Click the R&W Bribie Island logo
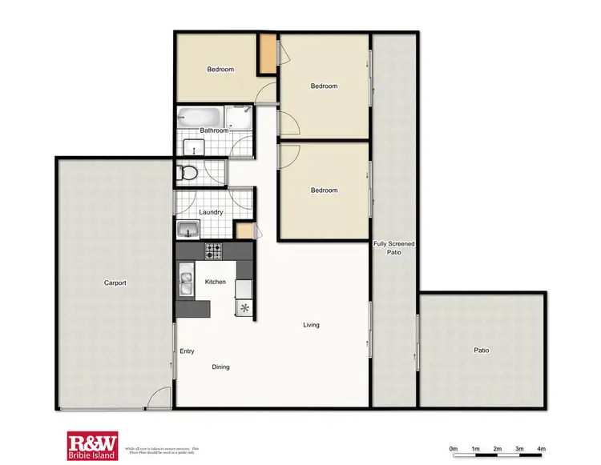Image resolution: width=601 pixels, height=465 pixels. point(92,445)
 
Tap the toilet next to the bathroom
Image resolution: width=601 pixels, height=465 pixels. point(188,171)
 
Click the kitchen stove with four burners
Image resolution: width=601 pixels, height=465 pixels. point(213,251)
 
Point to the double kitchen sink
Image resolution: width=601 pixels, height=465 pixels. point(186,282)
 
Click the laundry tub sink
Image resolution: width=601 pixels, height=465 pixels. point(189,229)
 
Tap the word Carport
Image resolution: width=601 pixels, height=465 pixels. point(115,283)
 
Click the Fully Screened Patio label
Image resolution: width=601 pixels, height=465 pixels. point(393,247)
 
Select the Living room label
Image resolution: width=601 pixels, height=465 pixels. point(311,325)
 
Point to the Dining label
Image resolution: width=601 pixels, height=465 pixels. point(220,367)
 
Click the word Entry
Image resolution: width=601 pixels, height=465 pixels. point(187,351)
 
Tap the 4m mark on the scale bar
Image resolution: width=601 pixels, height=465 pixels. point(541,448)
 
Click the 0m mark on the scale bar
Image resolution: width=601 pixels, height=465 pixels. point(453,448)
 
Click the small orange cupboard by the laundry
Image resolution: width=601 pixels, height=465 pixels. point(243,230)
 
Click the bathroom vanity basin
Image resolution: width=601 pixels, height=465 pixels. point(192,147)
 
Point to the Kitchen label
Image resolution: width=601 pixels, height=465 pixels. point(215,282)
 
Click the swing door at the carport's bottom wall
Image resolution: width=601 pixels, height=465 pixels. point(160,399)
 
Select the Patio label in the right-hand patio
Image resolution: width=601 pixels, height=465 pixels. point(481,350)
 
